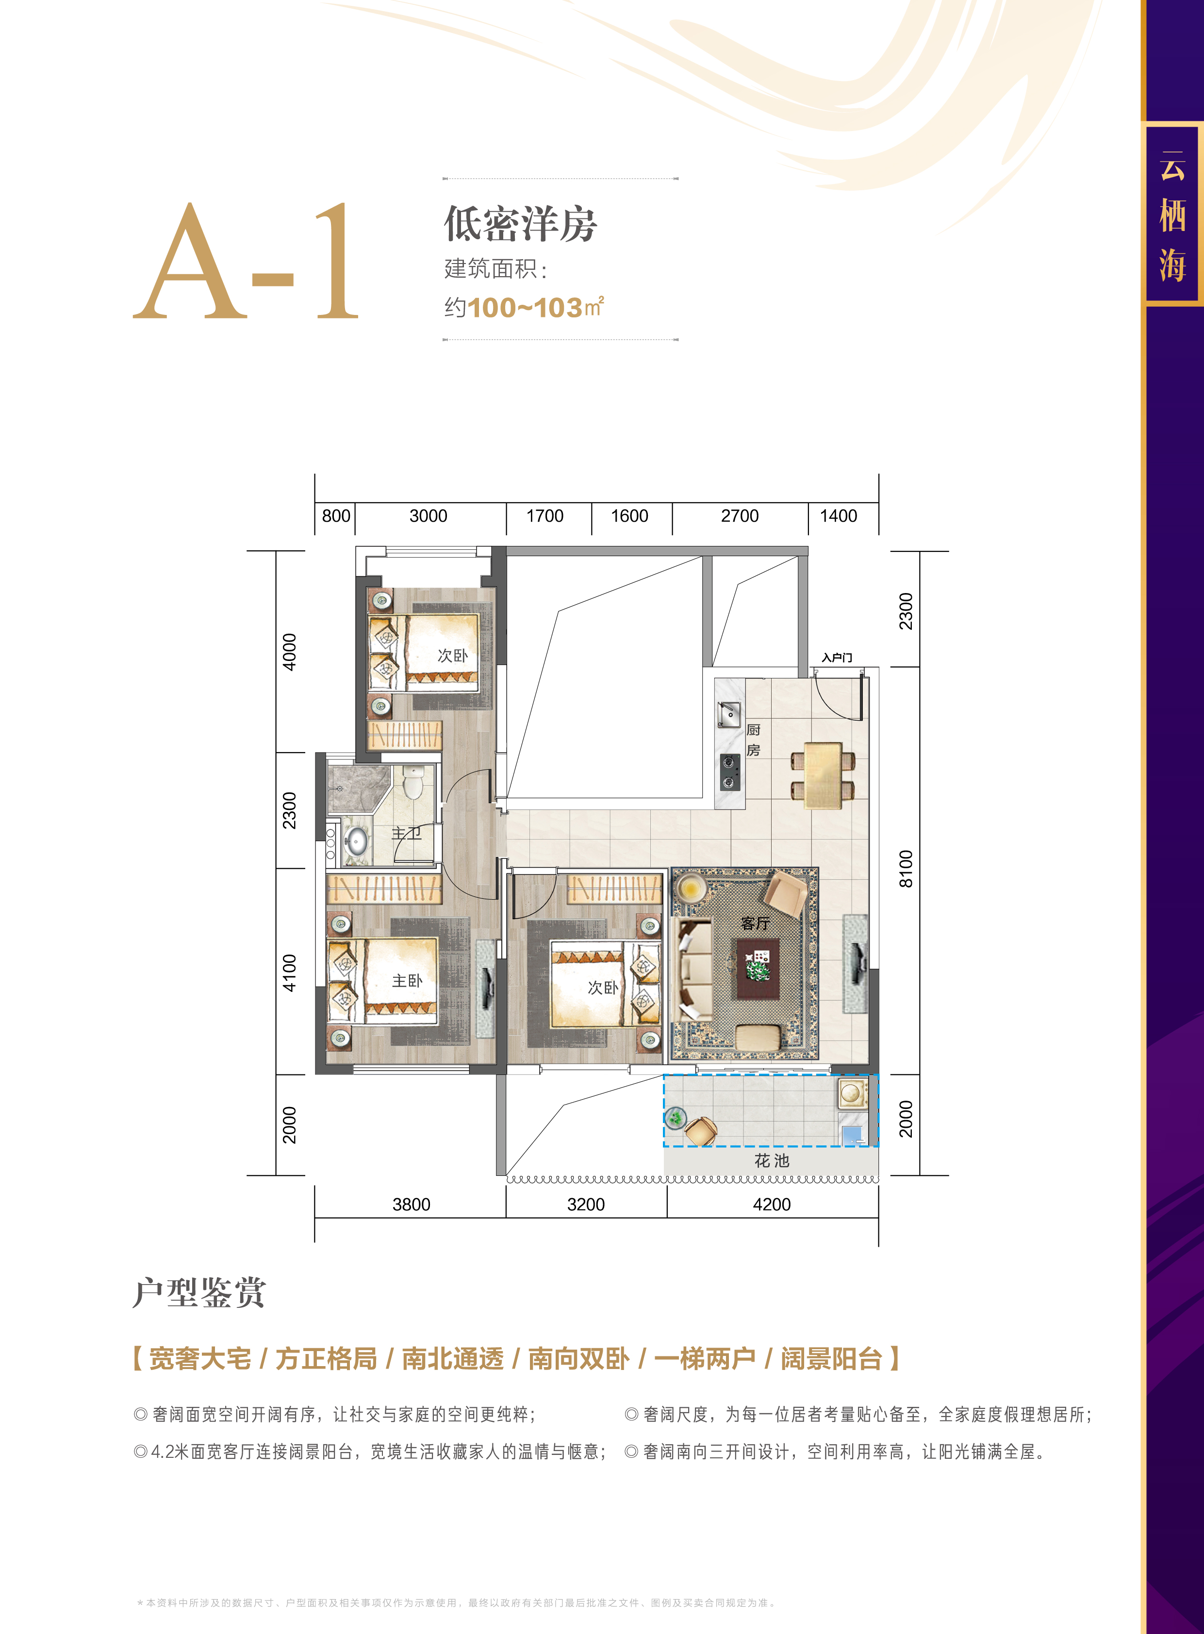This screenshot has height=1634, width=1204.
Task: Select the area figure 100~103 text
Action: (x=525, y=308)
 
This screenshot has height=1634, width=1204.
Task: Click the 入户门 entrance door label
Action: (x=837, y=658)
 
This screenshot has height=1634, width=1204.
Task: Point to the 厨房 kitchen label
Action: (x=754, y=740)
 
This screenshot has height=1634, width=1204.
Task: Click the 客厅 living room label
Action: (x=755, y=924)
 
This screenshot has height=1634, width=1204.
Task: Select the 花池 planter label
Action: (x=772, y=1161)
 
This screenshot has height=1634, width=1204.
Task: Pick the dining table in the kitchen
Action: (x=824, y=776)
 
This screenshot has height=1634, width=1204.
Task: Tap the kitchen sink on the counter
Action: (x=729, y=714)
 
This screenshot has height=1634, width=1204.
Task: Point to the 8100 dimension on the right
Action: (x=906, y=869)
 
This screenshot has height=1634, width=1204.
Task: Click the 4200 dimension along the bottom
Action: (x=772, y=1205)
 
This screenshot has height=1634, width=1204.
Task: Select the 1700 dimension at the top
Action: (x=545, y=516)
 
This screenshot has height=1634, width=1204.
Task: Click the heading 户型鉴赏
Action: (x=199, y=1293)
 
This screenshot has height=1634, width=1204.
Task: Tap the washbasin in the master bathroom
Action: (x=356, y=841)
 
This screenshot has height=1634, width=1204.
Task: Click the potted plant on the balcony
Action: (x=676, y=1117)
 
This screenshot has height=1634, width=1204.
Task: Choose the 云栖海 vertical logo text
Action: (x=1172, y=216)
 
